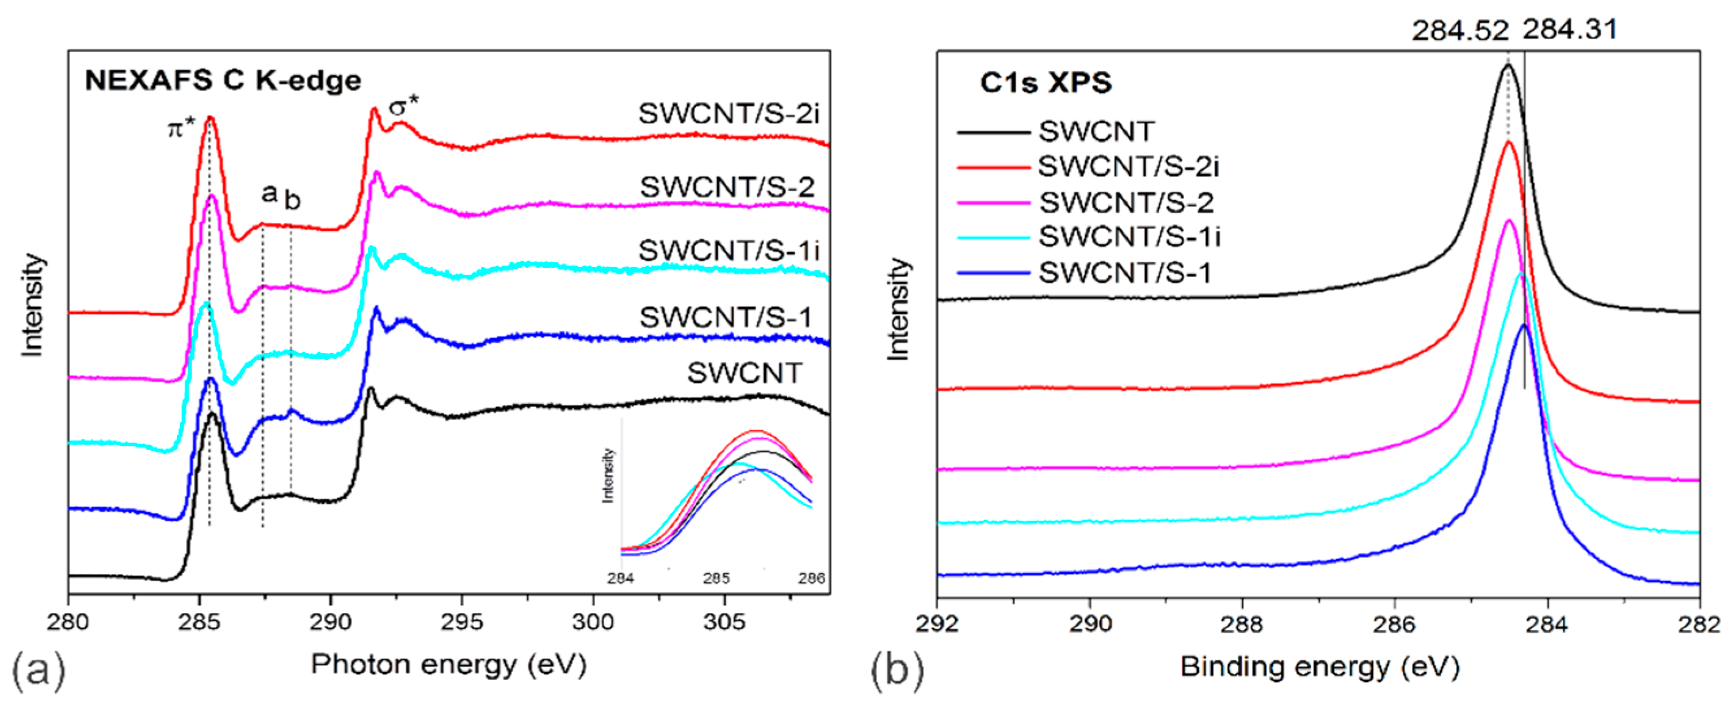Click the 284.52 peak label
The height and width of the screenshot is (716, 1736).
coord(1460,31)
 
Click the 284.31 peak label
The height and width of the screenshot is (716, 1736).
coord(1570,30)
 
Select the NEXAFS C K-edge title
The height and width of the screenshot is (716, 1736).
coord(223,81)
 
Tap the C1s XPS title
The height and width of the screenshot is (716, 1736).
coord(1046,83)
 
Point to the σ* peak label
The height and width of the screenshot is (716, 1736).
coord(404,106)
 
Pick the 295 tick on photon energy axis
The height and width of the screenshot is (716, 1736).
coord(461,621)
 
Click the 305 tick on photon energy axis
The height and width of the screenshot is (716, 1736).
coord(724,621)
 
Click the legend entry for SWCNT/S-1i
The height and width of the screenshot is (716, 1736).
coord(1129,236)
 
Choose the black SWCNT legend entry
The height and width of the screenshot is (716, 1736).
coord(1097,131)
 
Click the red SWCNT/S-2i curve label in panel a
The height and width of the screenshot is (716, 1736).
coord(728,114)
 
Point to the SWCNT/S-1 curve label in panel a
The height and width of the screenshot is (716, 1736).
coord(726,317)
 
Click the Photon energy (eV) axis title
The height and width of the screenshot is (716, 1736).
coord(449,665)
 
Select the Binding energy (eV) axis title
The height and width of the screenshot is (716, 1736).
coord(1319,668)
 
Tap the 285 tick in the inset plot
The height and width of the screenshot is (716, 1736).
coord(716,578)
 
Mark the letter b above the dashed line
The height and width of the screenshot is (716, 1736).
coord(292,200)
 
